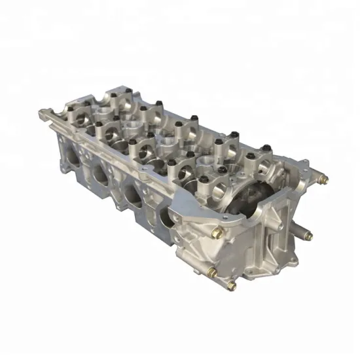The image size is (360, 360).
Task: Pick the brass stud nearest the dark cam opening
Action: (219, 232)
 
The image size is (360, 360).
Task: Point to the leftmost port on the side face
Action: (69, 156)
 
